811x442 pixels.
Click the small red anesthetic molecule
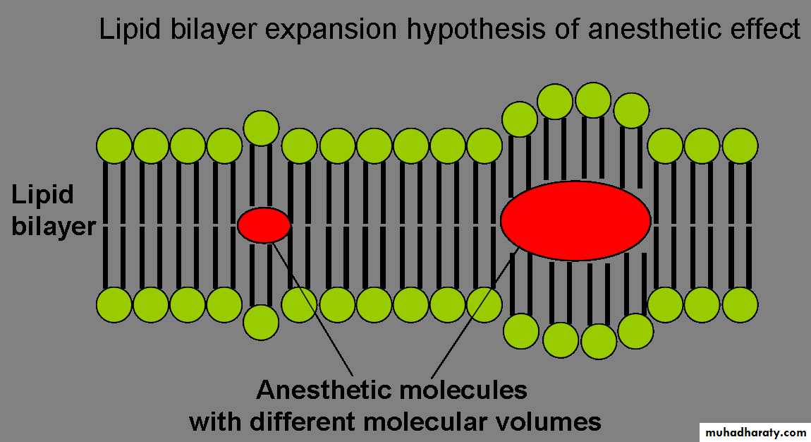coord(264,225)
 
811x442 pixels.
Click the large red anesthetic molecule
coord(575,220)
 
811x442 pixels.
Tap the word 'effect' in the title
coord(767,30)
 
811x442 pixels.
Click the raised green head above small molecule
coord(261,128)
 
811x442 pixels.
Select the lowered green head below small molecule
coord(261,323)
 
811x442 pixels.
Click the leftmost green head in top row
coord(114,147)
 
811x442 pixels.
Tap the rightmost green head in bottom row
coord(740,306)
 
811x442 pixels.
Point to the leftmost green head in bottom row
coord(114,306)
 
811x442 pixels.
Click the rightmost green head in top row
coord(740,147)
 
